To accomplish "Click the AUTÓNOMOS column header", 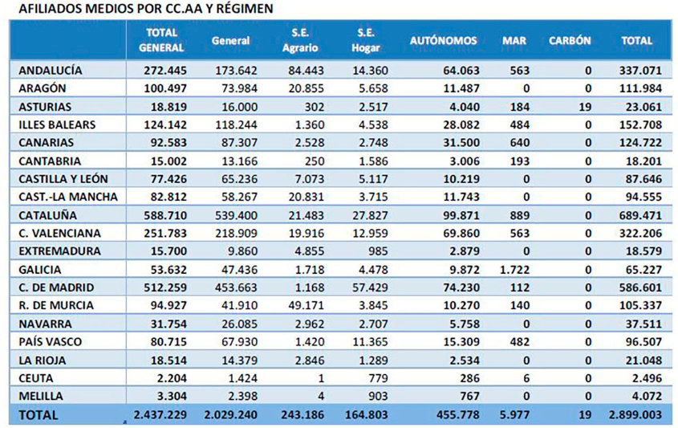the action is (443, 41).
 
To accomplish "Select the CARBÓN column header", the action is (570, 41).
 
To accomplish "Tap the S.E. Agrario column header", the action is (300, 40).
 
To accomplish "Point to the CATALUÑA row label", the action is (47, 215).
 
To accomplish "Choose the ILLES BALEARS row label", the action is (57, 124).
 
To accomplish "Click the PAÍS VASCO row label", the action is (50, 341).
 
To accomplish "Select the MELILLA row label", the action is (41, 396).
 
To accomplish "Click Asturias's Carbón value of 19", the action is (585, 107).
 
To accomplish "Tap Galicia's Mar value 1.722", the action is (514, 270).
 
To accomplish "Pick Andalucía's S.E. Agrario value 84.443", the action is (307, 71).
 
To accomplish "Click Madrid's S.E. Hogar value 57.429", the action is (370, 287).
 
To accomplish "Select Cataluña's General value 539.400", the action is (236, 215).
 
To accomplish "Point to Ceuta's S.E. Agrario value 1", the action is (321, 378).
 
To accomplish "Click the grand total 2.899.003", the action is (635, 414).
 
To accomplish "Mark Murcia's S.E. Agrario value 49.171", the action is (307, 305).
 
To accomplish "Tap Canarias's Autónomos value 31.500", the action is (461, 143).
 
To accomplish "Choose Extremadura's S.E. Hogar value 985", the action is (378, 251).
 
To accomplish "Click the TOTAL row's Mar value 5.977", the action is (514, 414).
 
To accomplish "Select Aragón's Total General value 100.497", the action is (165, 88).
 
